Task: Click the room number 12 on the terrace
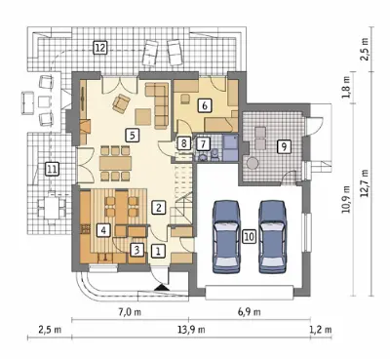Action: coord(99,48)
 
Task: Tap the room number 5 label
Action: coord(133,135)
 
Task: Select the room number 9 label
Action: coord(284,146)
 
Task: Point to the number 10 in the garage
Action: coord(250,236)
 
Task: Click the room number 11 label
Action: coord(52,169)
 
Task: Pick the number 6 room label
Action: coord(205,105)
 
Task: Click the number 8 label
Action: coord(184,143)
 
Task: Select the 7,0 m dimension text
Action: coord(130,312)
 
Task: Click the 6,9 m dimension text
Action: coord(250,312)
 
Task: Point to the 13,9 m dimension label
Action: coord(191,330)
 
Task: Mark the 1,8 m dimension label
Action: coord(347,87)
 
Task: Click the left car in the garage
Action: coord(226,236)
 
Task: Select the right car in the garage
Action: coord(273,236)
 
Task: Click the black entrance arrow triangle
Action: coord(162,288)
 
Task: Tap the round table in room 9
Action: coord(253,163)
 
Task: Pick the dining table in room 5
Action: coord(115,163)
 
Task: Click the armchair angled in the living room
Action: coord(121,103)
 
